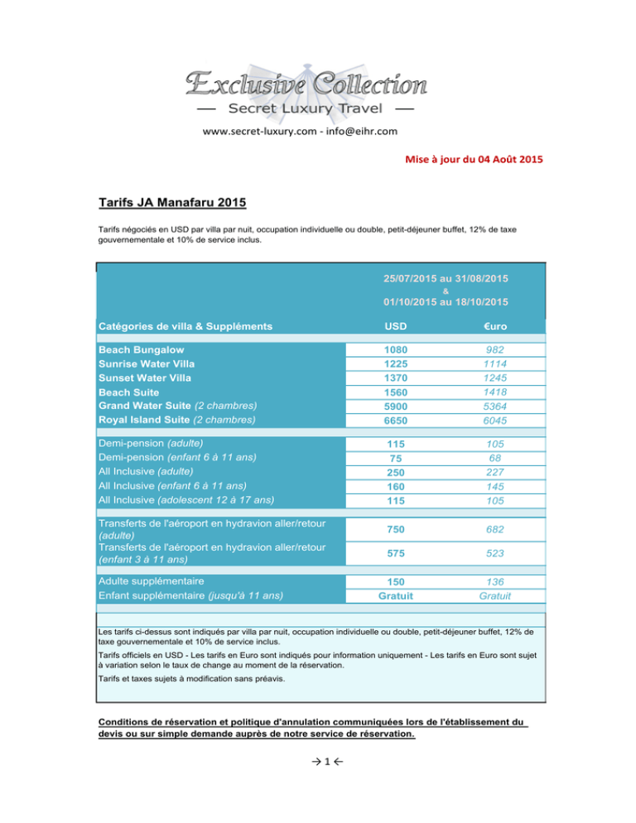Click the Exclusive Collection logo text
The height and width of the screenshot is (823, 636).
(305, 84)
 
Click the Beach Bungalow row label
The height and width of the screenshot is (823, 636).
(141, 350)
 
